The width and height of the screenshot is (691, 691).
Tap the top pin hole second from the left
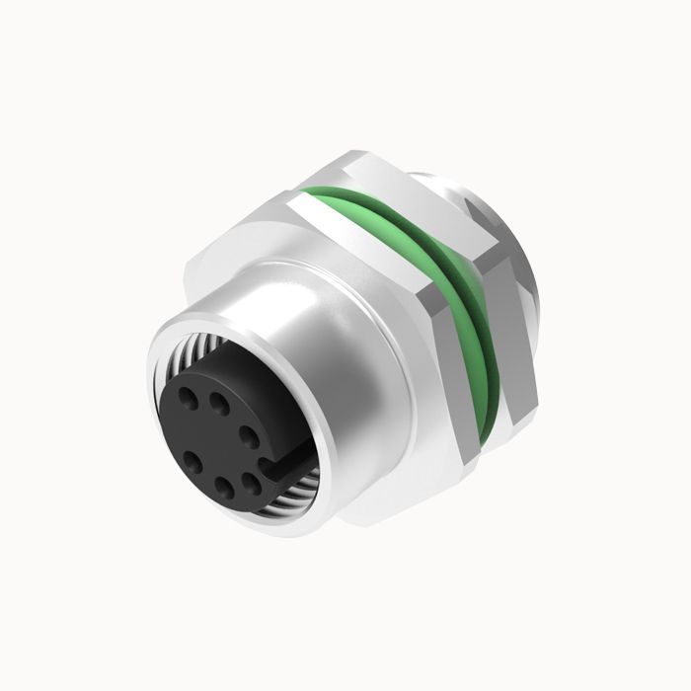219,402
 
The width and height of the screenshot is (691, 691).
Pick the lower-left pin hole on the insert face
193,459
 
